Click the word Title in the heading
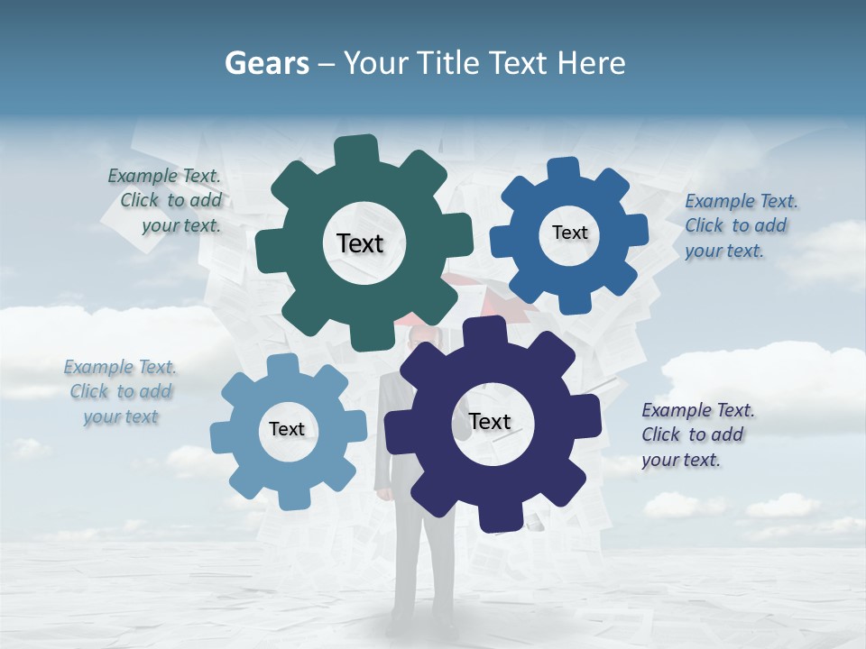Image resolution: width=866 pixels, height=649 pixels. pos(449,63)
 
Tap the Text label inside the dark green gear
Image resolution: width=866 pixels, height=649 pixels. pos(360,243)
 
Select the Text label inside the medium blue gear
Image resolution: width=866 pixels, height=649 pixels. pos(569,233)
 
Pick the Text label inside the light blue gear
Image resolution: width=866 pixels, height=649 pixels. pos(287,429)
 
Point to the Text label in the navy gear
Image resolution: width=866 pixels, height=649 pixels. pos(490,421)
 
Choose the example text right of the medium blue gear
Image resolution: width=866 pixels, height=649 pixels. pos(740,225)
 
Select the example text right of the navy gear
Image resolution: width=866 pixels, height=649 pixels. pos(696,434)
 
